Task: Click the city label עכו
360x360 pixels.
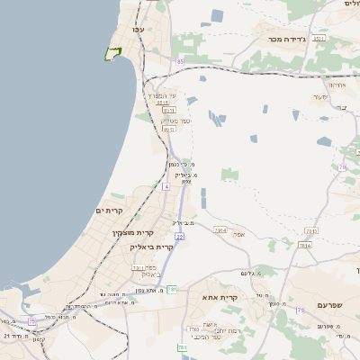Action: [x=138, y=31]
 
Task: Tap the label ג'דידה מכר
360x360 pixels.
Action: [x=288, y=40]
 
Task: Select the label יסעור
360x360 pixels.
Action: [x=319, y=96]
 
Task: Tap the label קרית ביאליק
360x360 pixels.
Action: [x=151, y=247]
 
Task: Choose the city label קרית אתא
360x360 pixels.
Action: [x=220, y=297]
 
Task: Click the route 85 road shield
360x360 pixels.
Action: [x=180, y=61]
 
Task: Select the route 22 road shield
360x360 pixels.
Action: [x=180, y=236]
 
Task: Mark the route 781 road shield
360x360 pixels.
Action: [x=172, y=289]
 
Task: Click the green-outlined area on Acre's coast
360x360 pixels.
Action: [x=112, y=53]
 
